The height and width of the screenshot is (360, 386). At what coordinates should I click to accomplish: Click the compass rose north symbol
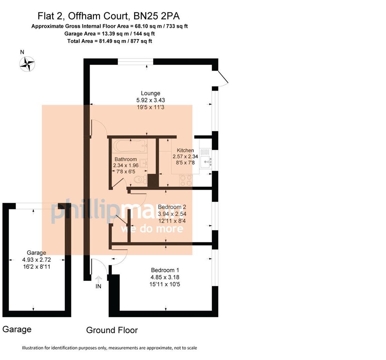[27, 64]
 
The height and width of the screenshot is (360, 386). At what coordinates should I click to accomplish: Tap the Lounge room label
[150, 93]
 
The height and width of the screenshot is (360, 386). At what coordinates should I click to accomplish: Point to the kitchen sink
[206, 162]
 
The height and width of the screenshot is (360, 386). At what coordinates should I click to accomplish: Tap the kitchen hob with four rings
[186, 180]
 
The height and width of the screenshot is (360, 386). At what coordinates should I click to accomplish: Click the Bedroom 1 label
[165, 270]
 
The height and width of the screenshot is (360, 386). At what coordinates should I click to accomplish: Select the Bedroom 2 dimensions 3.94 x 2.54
[172, 214]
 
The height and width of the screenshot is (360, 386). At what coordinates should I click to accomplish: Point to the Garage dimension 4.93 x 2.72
[36, 260]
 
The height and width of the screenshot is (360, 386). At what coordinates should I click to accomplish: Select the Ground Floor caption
[112, 330]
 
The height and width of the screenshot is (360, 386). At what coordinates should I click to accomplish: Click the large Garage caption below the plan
[17, 329]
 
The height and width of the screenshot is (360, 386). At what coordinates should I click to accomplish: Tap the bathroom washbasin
[143, 163]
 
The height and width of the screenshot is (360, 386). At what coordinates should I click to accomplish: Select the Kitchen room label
[185, 150]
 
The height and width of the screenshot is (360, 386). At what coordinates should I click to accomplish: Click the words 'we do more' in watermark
[152, 229]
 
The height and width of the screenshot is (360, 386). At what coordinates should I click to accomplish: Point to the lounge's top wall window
[135, 62]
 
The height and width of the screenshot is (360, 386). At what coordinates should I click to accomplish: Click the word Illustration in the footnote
[33, 348]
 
